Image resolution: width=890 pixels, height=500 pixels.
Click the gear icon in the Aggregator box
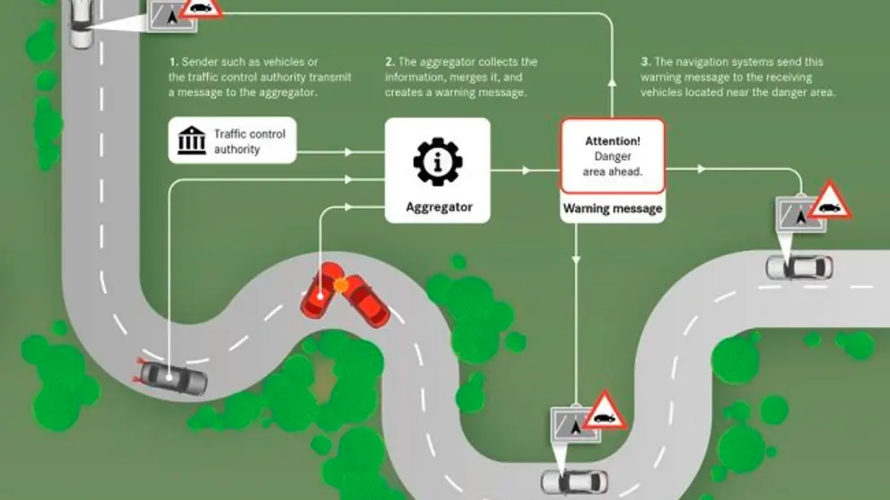438,161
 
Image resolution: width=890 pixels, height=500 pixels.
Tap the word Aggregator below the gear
438,208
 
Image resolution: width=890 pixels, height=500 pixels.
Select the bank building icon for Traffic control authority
191,142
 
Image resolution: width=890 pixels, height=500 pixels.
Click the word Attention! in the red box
613,142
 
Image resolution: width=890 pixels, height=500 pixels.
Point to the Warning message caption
613,209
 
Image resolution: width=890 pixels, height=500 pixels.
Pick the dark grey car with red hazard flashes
172,377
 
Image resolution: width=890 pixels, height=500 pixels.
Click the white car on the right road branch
798,266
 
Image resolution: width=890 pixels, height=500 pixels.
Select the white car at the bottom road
573,481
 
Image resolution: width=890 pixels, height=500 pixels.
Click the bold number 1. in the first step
173,62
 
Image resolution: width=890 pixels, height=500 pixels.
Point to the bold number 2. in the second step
389,62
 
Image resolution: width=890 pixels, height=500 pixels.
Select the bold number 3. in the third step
645,62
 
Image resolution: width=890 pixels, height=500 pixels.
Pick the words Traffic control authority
249,142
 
